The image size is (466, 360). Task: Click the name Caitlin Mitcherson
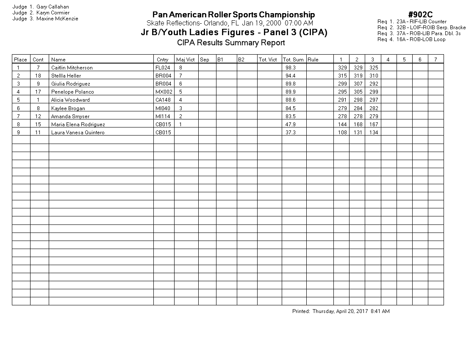(72, 68)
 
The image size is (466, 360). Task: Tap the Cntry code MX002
(163, 92)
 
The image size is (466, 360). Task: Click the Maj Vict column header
(186, 60)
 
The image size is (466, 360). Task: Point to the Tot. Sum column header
(293, 60)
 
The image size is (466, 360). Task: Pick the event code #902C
(420, 15)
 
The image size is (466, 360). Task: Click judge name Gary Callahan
(53, 7)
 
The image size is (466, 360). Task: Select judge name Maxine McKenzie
(57, 19)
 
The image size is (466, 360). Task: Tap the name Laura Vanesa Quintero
(78, 133)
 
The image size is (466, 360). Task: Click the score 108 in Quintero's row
(342, 133)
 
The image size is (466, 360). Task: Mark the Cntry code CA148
(163, 100)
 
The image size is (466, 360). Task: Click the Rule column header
(313, 60)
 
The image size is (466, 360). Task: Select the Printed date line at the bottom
(341, 311)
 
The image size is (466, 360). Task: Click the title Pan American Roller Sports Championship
(233, 15)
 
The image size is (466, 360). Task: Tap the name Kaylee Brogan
(68, 108)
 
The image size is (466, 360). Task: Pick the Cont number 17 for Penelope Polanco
(38, 92)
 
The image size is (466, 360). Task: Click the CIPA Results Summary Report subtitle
(231, 42)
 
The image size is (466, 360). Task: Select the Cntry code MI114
(163, 116)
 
